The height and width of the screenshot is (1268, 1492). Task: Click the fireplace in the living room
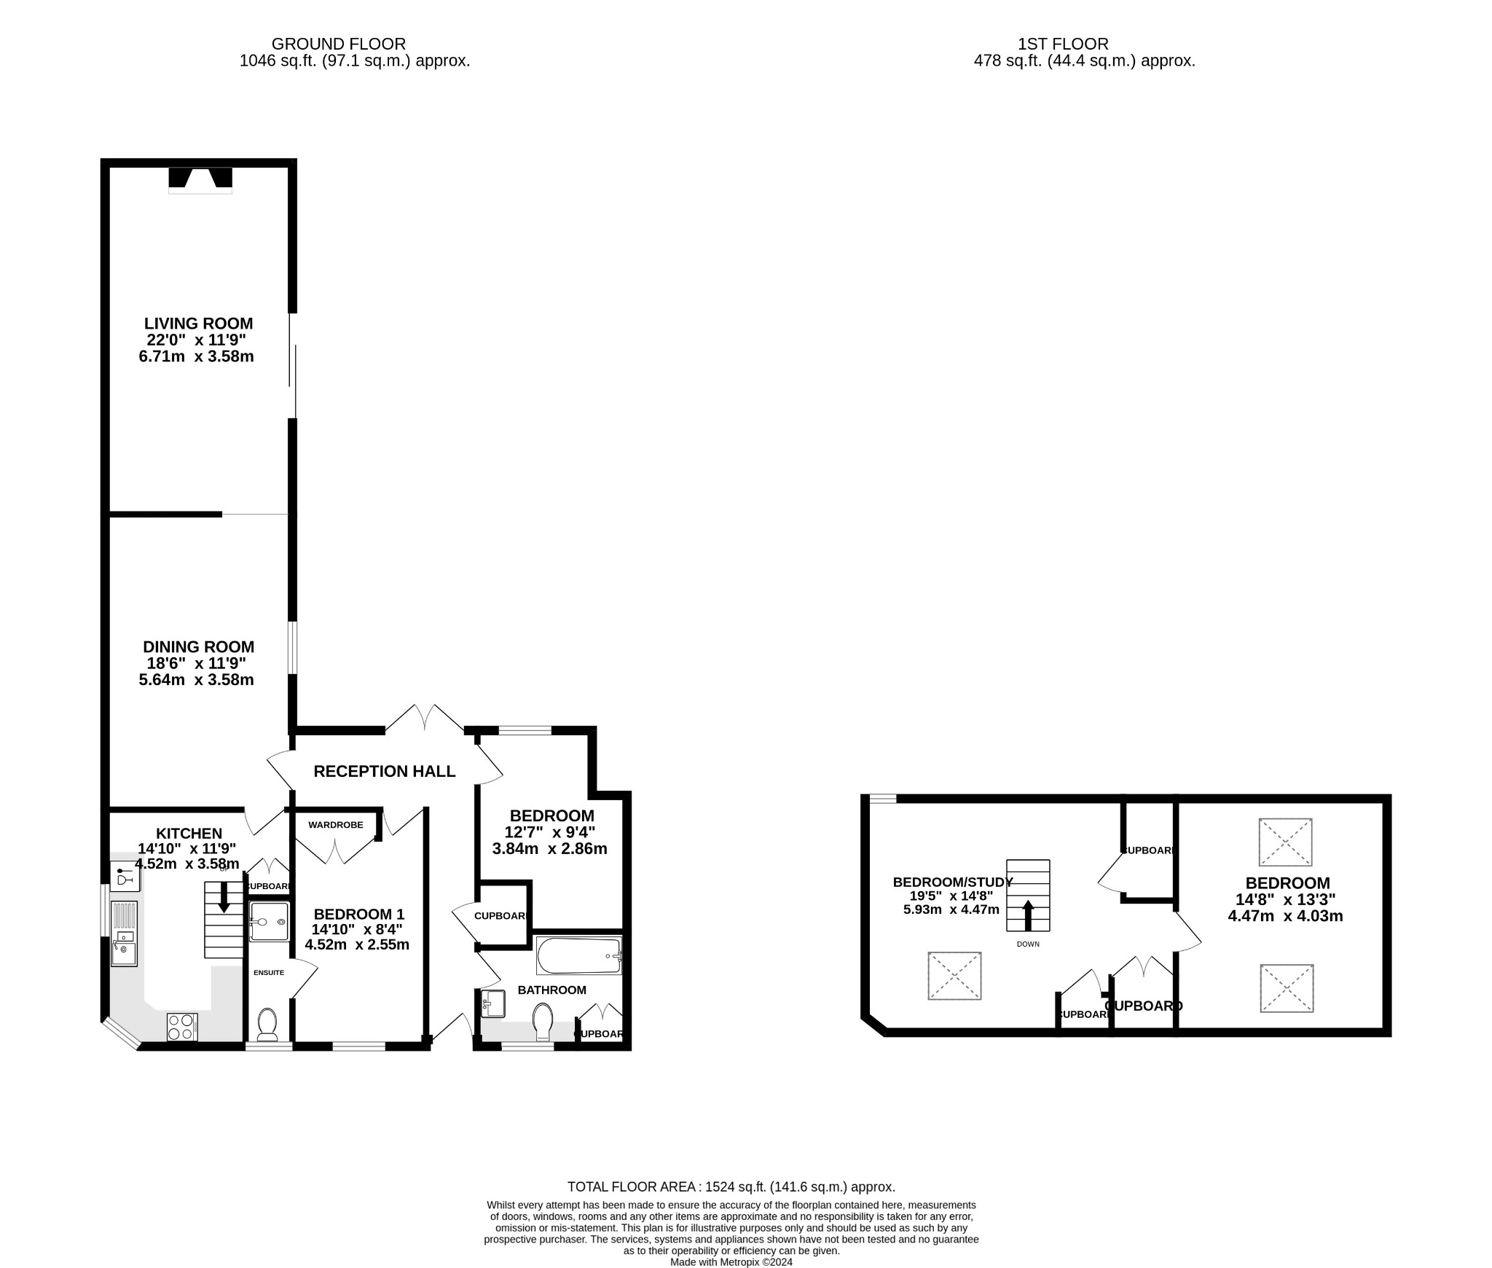point(200,180)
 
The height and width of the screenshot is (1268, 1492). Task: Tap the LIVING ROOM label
point(198,324)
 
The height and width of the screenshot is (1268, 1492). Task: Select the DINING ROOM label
point(198,646)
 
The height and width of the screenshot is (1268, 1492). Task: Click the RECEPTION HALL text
point(384,771)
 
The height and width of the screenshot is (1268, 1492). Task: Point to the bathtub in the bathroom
point(578,955)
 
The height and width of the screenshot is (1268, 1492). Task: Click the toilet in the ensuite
point(267,1024)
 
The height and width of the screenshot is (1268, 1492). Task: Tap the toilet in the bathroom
point(543,1021)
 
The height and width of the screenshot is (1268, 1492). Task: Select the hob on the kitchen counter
point(182,1027)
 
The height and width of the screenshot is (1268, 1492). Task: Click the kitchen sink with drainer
point(124,934)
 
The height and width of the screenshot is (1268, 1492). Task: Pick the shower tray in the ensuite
point(269,922)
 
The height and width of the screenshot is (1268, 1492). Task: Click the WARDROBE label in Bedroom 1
point(335,825)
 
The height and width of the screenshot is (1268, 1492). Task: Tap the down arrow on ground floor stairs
point(224,899)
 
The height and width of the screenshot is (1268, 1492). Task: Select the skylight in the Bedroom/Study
point(954,976)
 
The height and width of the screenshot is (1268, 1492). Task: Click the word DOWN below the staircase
point(1028,944)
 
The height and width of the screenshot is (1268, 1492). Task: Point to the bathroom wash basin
point(493,1003)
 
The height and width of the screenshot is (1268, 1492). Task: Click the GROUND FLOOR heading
point(338,44)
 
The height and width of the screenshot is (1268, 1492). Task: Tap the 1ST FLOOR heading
point(1063,44)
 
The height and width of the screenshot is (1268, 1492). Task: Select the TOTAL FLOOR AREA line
point(731,1187)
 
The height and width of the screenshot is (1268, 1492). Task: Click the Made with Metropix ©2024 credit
point(731,1262)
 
